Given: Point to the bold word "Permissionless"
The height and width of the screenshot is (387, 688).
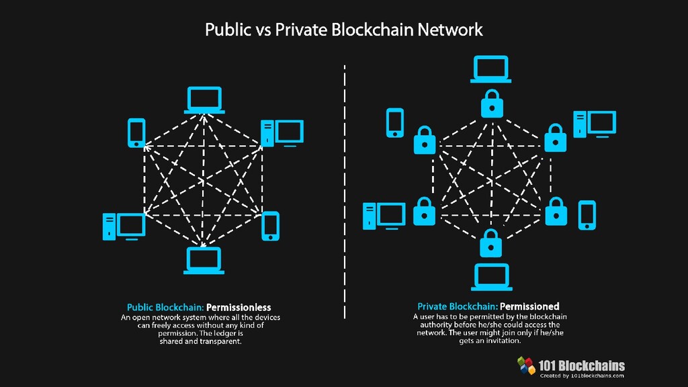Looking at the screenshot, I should click(239, 307).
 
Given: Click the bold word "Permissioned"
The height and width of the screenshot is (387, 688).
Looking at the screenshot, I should click(529, 306).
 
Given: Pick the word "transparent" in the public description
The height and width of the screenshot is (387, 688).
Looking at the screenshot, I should click(218, 341).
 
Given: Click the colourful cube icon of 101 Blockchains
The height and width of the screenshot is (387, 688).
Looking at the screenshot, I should click(526, 365).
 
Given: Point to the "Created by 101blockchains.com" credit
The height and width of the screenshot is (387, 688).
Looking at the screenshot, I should click(582, 376).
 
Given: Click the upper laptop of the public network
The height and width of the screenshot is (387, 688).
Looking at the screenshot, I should click(204, 100).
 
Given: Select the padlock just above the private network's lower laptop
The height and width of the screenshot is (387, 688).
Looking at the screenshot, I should click(491, 243).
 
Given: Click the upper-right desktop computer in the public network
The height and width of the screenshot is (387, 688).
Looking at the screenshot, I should click(282, 133).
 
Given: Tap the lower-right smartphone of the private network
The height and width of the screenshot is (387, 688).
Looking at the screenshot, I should click(587, 214).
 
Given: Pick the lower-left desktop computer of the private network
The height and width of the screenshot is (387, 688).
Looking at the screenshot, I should click(384, 216).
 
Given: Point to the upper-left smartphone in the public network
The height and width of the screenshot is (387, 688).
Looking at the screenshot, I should click(136, 133).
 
